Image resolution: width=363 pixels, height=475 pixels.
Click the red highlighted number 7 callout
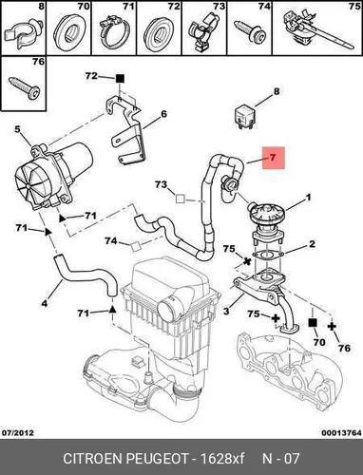point(274,158)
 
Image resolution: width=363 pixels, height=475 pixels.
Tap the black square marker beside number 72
point(120,79)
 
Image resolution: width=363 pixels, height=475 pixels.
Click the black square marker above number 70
point(313,323)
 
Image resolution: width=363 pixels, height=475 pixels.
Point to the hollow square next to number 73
point(181,199)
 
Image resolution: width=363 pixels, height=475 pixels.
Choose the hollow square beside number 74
point(136,246)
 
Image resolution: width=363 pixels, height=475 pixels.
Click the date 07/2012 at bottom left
point(18,432)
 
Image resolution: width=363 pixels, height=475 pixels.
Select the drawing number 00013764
point(341,432)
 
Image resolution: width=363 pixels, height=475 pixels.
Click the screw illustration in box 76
point(25,87)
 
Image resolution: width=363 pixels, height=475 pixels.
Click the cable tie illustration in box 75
point(316,30)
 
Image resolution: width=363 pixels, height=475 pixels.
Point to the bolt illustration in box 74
point(250,31)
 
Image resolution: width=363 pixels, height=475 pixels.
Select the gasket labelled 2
point(267,255)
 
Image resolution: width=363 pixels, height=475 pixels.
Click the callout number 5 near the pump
point(17,129)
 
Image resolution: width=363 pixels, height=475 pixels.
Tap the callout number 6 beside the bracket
point(163,114)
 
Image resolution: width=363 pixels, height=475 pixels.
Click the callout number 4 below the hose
point(45,303)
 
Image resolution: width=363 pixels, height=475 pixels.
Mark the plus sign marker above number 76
point(332,326)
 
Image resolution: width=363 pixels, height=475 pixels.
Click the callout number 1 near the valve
point(308,198)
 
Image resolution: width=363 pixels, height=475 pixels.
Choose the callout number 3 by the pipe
point(226,311)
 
